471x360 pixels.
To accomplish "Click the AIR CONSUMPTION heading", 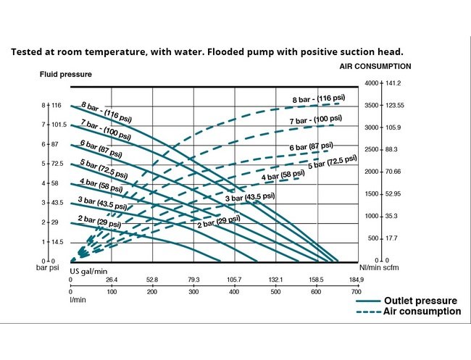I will point(375,66).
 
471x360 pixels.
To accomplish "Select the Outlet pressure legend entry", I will point(420,301).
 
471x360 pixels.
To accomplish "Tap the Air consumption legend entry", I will point(422,311).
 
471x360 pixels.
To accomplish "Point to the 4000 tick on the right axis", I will point(371,83).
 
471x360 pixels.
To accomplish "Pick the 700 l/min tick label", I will point(357,291).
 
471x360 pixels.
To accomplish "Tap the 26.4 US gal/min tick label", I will point(111,279).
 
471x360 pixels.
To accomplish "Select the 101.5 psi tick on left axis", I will point(59,125).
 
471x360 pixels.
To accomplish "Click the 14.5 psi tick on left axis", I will point(58,242).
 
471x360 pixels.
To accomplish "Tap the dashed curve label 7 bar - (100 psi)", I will point(316,120).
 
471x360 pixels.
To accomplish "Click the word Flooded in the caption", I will point(227,52).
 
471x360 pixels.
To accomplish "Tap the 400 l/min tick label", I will point(234,291).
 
